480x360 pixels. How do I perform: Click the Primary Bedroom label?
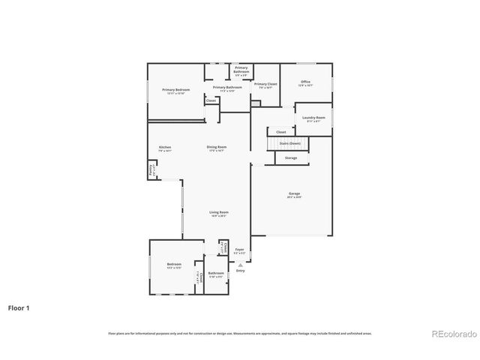176,90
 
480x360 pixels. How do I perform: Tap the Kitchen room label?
165,148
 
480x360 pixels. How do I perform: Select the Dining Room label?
217,148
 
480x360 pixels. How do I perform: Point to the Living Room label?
218,213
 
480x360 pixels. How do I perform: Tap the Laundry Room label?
313,118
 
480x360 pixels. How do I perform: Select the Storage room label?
291,158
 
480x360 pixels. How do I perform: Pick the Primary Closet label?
265,85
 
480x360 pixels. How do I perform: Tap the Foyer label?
239,250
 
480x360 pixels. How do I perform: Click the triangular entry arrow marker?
240,264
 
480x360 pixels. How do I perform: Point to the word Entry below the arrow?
240,271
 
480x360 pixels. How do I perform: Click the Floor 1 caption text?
19,307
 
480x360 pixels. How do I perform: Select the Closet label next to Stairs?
280,132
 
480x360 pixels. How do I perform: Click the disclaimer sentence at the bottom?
239,333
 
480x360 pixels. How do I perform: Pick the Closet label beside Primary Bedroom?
211,100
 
